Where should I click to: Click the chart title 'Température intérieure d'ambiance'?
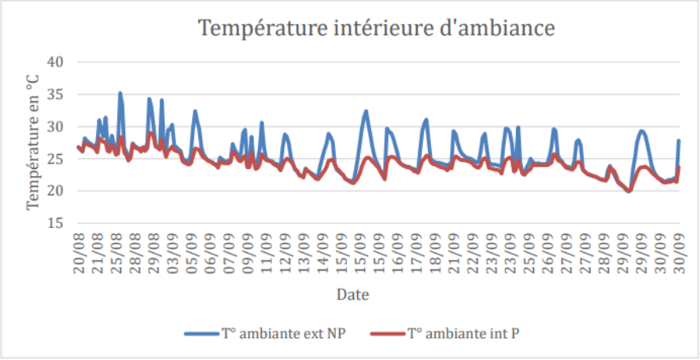377,28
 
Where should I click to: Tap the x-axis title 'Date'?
353,295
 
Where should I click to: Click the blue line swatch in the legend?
203,334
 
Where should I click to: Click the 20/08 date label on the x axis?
79,252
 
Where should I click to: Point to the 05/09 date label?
191,252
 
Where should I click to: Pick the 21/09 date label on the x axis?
454,252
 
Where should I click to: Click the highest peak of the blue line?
120,93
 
